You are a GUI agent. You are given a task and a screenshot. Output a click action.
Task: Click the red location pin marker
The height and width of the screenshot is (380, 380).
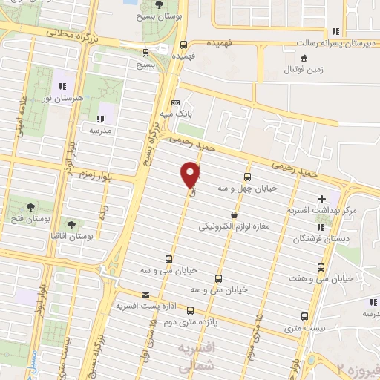(x=191, y=175)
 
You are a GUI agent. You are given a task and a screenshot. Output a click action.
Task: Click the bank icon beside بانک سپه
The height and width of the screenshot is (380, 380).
(x=175, y=103)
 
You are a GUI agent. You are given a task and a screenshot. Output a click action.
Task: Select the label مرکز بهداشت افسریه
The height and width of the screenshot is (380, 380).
(x=323, y=211)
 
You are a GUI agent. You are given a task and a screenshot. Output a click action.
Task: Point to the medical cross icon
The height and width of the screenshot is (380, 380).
(x=321, y=199)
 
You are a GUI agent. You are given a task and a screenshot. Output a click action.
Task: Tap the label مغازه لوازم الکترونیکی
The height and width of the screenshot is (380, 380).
(x=235, y=226)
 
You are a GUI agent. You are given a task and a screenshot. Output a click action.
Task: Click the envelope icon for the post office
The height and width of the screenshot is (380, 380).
(x=124, y=295)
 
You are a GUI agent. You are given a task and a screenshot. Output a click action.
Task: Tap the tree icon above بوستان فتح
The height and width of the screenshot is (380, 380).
(x=30, y=207)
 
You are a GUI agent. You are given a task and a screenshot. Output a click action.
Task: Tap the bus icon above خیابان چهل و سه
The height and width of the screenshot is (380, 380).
(x=247, y=177)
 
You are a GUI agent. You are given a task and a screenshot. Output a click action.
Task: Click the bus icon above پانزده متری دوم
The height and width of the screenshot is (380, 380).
(x=191, y=311)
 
